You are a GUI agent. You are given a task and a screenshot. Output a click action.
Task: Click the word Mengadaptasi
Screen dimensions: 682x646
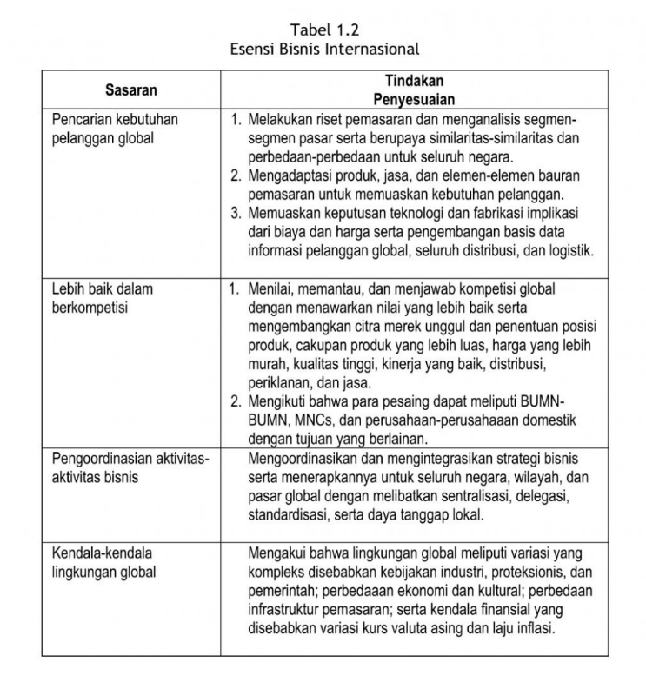point(294,176)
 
